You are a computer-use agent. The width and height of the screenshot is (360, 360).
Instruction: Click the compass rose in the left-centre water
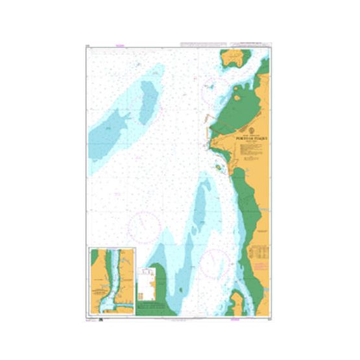tap(144, 226)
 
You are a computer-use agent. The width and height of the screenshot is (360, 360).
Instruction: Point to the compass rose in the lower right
tap(213, 263)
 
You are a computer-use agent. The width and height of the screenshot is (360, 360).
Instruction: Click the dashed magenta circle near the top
tap(213, 90)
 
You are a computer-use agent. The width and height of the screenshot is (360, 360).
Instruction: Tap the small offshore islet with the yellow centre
tap(221, 167)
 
